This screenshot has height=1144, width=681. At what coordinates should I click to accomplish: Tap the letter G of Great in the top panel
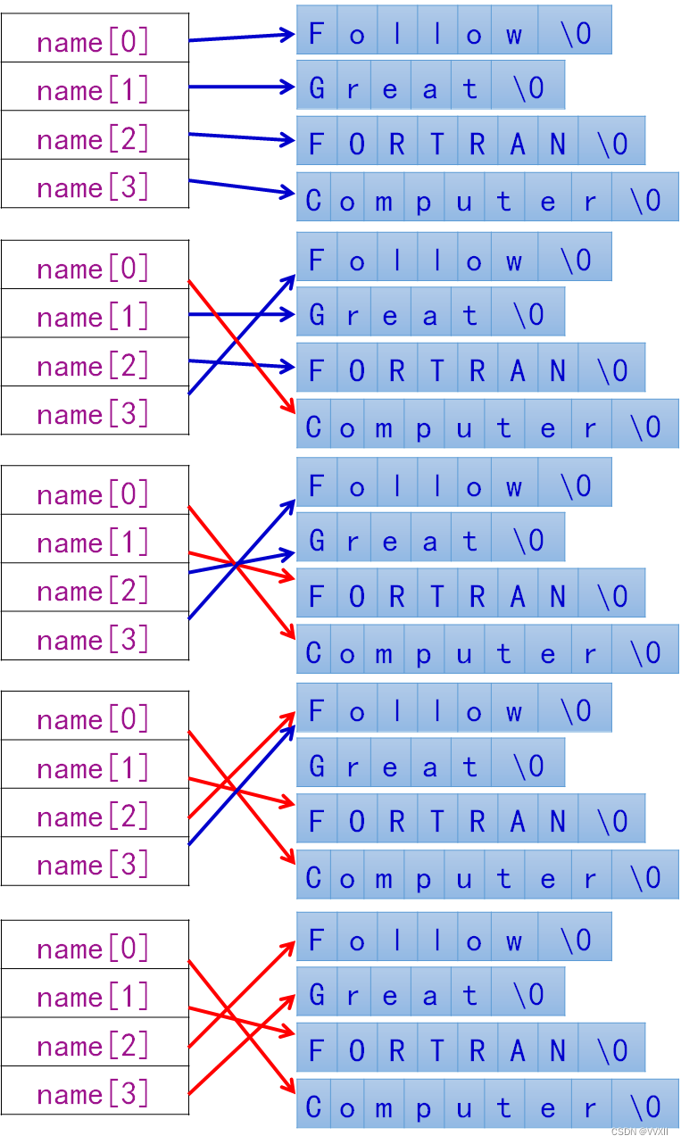point(316,87)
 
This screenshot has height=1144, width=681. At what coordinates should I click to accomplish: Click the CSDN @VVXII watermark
point(640,1132)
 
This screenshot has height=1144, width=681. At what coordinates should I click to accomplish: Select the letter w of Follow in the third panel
point(513,486)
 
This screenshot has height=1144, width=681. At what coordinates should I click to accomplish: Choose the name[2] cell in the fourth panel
point(94,817)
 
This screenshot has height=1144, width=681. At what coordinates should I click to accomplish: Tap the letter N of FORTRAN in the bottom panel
point(558,1050)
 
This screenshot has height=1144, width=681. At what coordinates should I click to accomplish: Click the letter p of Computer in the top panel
point(423,202)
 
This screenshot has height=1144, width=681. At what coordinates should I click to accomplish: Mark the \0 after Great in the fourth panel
point(528,767)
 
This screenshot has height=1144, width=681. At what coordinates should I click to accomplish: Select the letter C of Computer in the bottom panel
point(313,1107)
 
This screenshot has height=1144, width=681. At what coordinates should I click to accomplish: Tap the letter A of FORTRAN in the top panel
point(518,144)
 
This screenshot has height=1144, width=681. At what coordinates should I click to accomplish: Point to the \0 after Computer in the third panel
point(645,653)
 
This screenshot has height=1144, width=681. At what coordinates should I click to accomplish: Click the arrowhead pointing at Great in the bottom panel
point(288,996)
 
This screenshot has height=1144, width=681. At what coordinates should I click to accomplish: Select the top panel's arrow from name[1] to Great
point(241,87)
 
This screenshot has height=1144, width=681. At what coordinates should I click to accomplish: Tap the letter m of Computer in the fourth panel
point(384,879)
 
